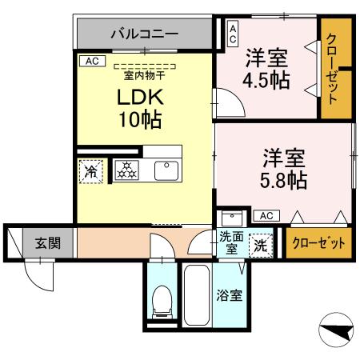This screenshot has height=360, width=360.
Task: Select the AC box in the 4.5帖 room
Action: point(233,31)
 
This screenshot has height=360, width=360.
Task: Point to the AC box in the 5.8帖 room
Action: point(266,215)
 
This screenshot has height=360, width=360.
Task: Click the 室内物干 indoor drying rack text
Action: point(144,76)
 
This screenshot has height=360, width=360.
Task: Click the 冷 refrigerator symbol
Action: point(91,170)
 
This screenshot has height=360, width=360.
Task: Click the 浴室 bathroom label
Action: point(230,295)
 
